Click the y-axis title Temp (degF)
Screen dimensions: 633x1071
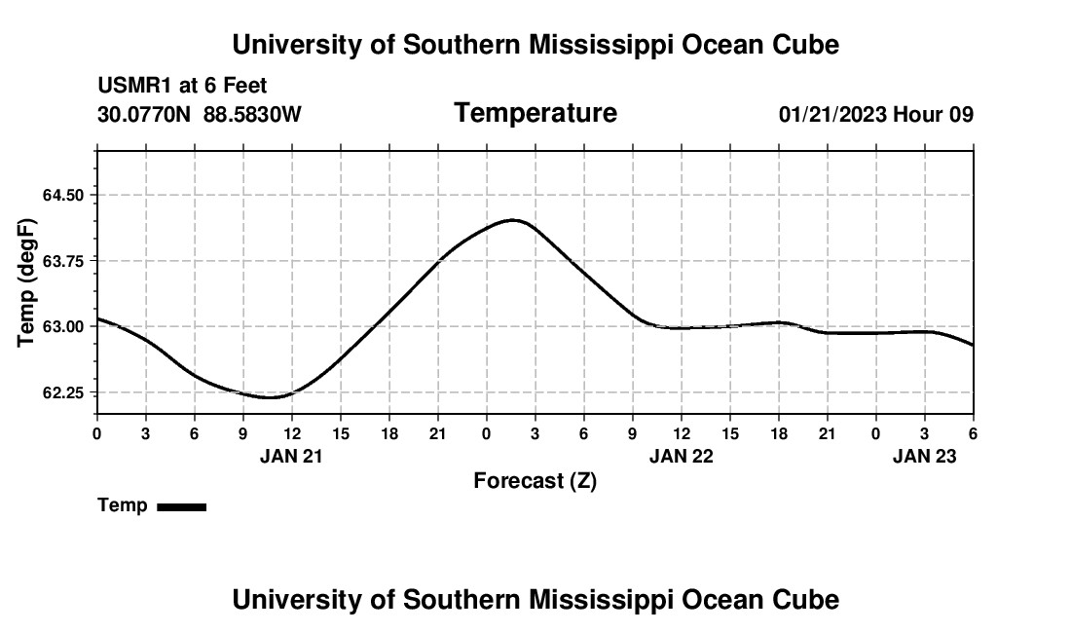(x=27, y=282)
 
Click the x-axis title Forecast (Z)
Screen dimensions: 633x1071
(x=535, y=480)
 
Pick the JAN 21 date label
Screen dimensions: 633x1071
(x=291, y=456)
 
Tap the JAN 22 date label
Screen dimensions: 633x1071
(x=682, y=456)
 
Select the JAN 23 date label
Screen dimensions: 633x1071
(x=925, y=456)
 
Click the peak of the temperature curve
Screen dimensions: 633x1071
(x=513, y=220)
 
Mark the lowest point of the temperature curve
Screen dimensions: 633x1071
(x=270, y=397)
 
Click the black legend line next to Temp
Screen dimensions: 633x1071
(x=181, y=506)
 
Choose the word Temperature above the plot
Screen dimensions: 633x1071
(x=535, y=113)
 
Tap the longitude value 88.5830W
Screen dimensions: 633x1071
(x=252, y=115)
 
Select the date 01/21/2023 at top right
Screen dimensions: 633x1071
(x=832, y=115)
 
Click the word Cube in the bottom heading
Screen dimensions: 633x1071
(x=809, y=600)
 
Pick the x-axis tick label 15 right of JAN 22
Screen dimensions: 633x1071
(x=730, y=432)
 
